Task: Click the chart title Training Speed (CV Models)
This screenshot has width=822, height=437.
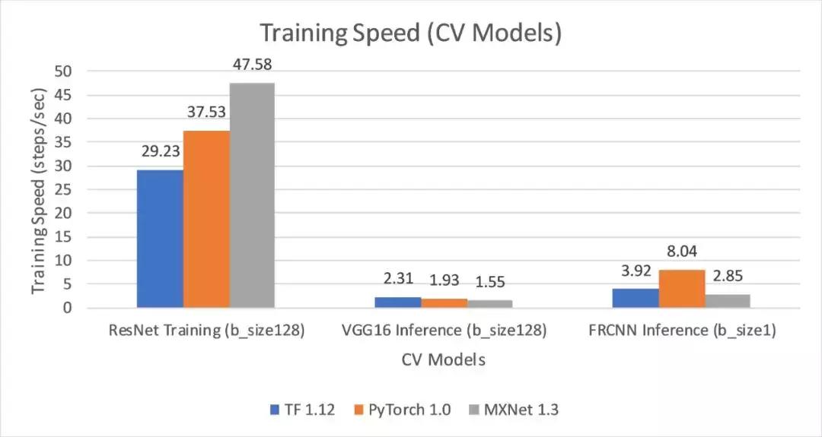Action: (x=411, y=33)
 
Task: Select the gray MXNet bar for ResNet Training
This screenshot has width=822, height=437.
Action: (x=252, y=195)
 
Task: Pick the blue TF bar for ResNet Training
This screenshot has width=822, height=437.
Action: (x=160, y=239)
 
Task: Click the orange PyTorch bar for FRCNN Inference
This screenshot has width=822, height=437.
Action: (x=682, y=289)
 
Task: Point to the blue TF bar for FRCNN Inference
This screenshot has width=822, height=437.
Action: (x=636, y=299)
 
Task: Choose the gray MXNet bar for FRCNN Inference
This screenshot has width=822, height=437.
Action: (x=728, y=301)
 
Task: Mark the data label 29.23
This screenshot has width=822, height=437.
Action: (x=160, y=151)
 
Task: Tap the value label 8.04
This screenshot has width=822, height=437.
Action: (x=682, y=252)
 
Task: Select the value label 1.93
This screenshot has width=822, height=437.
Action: (x=444, y=280)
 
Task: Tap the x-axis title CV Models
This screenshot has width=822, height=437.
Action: (x=444, y=359)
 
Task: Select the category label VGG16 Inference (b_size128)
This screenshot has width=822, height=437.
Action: (x=444, y=331)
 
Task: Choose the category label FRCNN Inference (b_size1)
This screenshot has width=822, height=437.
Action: (x=681, y=331)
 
